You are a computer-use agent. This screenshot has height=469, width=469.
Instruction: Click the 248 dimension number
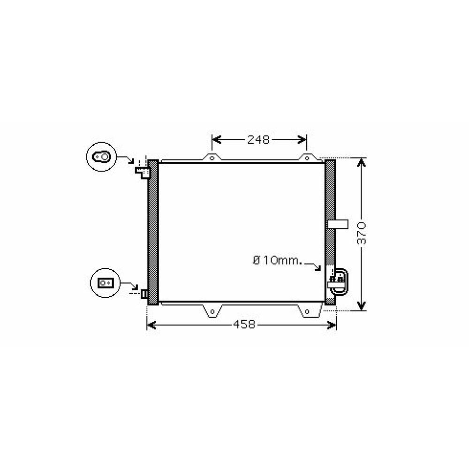click(x=258, y=140)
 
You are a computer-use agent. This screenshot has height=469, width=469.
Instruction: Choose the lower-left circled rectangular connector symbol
click(x=105, y=283)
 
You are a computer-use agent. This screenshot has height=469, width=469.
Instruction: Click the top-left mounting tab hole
click(x=212, y=158)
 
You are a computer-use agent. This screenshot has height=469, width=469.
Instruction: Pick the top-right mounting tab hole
click(x=306, y=158)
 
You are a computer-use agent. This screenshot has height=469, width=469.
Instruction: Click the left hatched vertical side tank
click(x=153, y=232)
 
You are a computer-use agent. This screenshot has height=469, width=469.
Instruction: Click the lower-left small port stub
click(x=144, y=294)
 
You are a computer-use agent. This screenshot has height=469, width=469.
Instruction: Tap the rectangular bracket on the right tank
click(x=338, y=224)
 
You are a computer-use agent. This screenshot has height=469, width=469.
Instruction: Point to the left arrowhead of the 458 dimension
click(x=151, y=324)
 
